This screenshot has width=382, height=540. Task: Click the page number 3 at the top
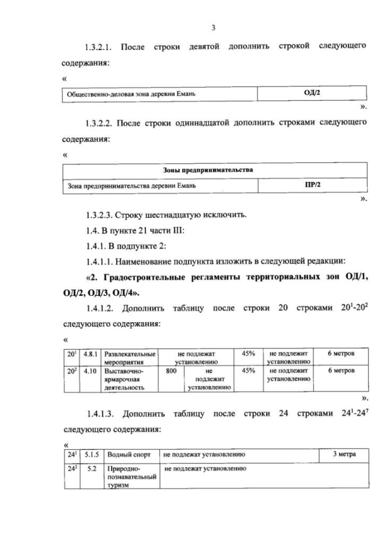[212, 27]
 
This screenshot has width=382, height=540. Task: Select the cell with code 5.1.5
[92, 455]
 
